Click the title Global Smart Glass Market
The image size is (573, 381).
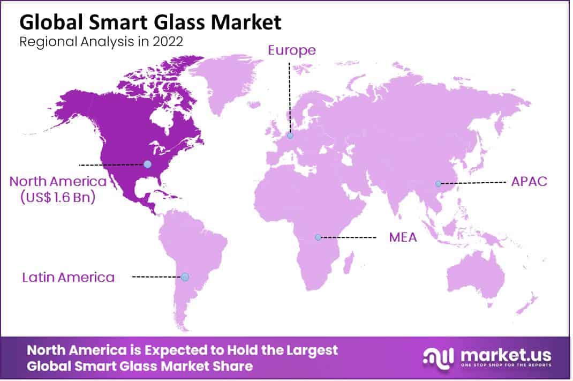click(150, 23)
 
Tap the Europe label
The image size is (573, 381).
click(292, 50)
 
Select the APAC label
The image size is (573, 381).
click(529, 181)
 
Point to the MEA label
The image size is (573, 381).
click(403, 237)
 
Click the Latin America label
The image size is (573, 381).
click(68, 277)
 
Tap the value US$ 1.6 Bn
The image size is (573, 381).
click(57, 197)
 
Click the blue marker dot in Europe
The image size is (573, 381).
click(290, 136)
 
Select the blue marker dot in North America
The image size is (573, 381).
click(147, 164)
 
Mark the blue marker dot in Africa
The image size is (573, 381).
click(318, 237)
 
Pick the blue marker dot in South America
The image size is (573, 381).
click(185, 277)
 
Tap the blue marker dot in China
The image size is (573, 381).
click(438, 183)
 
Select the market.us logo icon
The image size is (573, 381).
click(438, 357)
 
